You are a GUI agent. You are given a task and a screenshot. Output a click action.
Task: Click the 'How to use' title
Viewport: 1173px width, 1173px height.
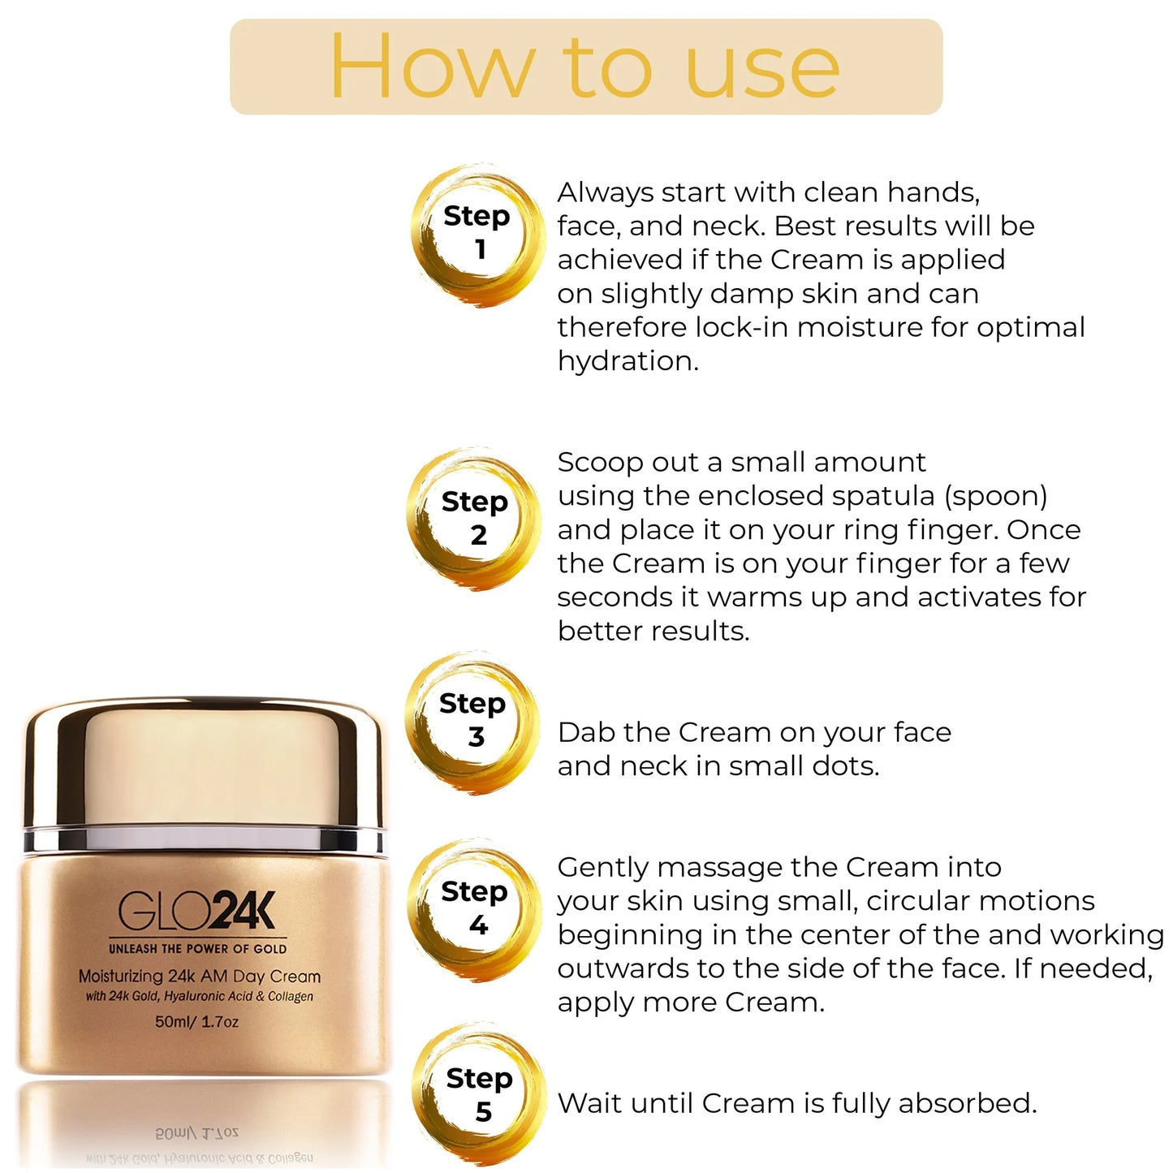pyautogui.click(x=584, y=67)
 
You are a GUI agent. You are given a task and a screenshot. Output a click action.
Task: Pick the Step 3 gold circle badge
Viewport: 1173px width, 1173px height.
pyautogui.click(x=473, y=720)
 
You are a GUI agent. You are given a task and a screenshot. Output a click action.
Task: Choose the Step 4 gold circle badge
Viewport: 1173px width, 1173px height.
pyautogui.click(x=476, y=908)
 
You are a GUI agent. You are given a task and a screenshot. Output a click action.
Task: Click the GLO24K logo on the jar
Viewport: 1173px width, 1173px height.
pyautogui.click(x=197, y=912)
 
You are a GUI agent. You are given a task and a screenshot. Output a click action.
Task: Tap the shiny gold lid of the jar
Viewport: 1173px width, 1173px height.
pyautogui.click(x=203, y=763)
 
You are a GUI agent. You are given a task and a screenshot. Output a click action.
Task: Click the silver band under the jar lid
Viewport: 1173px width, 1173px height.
pyautogui.click(x=203, y=839)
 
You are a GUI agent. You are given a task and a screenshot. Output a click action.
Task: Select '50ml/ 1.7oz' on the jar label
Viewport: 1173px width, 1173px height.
pyautogui.click(x=197, y=1021)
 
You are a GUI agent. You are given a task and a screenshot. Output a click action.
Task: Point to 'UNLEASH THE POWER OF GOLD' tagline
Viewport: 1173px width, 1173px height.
pyautogui.click(x=197, y=949)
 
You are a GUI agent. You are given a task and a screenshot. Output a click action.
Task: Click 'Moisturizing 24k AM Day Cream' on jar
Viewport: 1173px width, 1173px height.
pyautogui.click(x=200, y=977)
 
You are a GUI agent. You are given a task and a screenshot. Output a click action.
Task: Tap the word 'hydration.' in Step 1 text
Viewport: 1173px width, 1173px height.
pyautogui.click(x=627, y=361)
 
